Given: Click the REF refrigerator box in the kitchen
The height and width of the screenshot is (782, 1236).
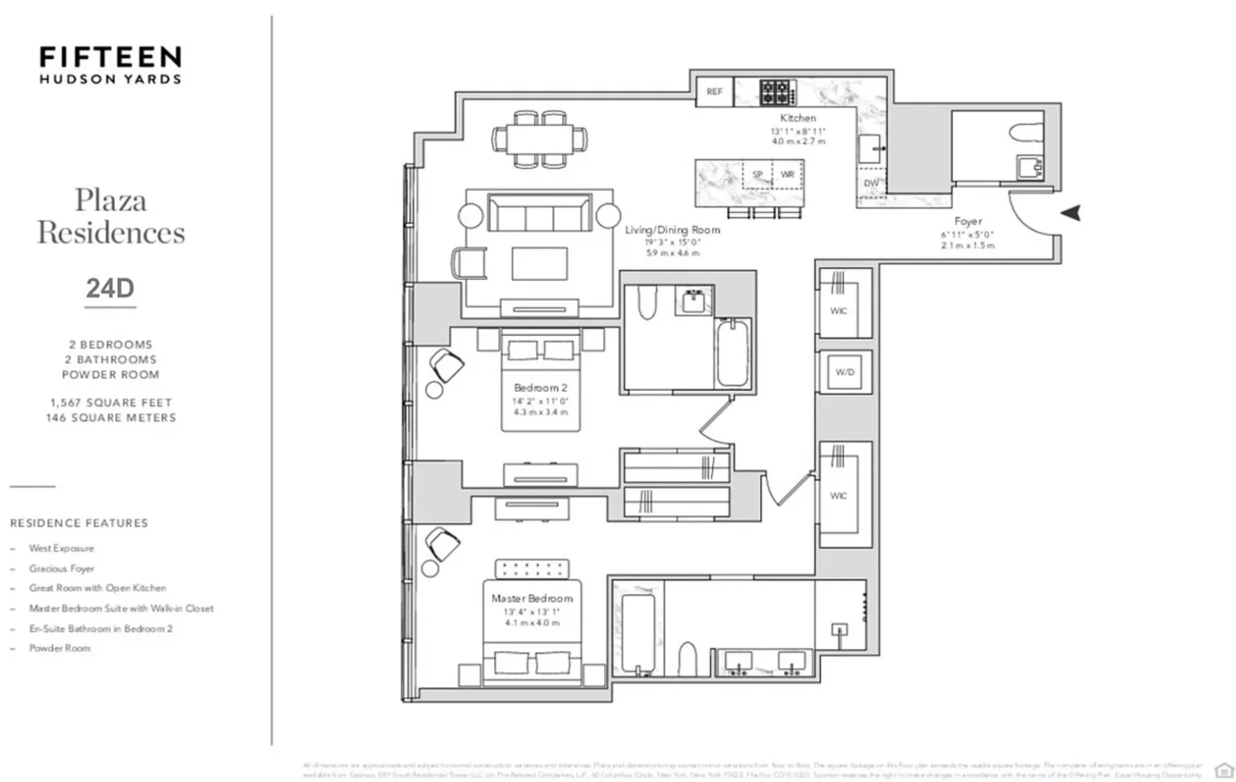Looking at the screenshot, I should coord(714,92).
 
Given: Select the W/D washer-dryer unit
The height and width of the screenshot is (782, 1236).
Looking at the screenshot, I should coord(845,372).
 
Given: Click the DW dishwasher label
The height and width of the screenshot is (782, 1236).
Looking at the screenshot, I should coord(871,183).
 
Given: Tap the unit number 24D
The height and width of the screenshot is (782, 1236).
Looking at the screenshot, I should coord(110,288).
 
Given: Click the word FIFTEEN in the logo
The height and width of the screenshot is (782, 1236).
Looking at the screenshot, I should coord(110,57).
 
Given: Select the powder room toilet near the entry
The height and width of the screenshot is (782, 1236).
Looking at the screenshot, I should coord(1026,133).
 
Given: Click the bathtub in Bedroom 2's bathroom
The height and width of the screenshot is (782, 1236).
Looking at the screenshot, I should coord(732,353).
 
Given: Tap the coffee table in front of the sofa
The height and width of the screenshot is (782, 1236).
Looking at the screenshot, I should coord(539,264).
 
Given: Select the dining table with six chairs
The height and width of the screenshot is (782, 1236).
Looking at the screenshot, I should coord(539,139).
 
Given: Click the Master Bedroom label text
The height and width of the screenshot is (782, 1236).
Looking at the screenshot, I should coord(532,598).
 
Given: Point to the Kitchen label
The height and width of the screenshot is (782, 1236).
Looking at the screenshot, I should coord(798,118).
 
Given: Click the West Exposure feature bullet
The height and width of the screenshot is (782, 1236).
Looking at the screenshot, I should coord(62,548).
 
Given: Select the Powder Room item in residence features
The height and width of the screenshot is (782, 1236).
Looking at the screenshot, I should coord(60,648).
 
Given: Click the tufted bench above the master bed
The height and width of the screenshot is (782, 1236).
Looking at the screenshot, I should coord(532,568).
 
